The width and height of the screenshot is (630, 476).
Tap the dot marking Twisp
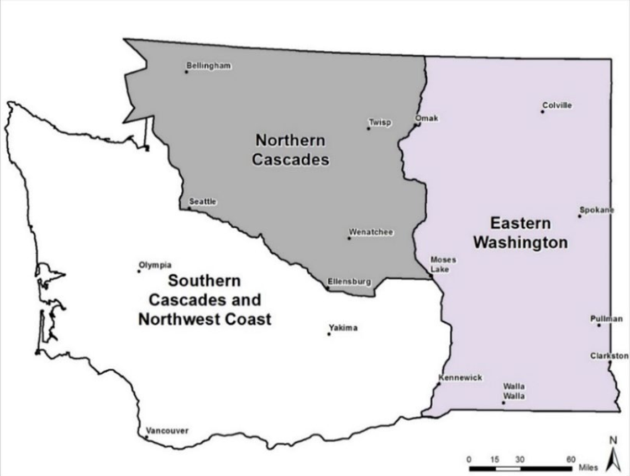click(369, 128)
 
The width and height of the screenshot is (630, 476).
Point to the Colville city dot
click(542, 112)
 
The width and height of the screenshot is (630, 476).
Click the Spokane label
click(596, 210)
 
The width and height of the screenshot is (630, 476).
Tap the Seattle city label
click(202, 201)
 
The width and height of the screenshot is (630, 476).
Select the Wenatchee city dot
click(349, 238)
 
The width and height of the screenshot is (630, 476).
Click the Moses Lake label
click(443, 264)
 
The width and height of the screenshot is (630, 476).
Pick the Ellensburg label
click(349, 281)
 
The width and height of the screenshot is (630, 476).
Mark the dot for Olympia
click(139, 271)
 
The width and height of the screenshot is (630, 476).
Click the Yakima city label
click(343, 327)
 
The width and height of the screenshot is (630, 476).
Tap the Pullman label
click(606, 318)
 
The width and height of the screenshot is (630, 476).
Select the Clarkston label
click(609, 355)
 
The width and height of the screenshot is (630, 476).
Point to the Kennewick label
click(460, 378)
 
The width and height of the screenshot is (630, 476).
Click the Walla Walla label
click(514, 391)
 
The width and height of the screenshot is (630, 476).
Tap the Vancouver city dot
click(146, 437)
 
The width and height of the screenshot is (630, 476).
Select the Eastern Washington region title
click(521, 233)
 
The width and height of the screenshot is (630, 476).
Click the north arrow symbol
click(612, 457)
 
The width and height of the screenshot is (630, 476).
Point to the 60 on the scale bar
click(571, 459)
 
